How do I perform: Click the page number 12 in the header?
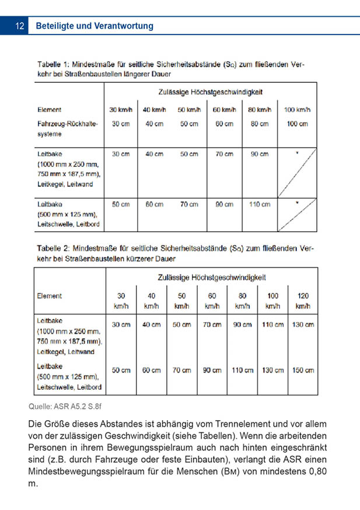pyautogui.click(x=19, y=26)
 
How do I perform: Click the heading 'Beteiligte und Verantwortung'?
pyautogui.click(x=95, y=26)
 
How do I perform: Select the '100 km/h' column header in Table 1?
pyautogui.click(x=297, y=110)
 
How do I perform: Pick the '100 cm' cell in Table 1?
pyautogui.click(x=297, y=124)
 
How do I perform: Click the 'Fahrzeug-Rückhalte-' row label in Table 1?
pyautogui.click(x=68, y=124)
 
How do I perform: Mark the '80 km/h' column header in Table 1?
pyautogui.click(x=260, y=110)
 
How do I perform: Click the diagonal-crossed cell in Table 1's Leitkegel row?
pyautogui.click(x=297, y=172)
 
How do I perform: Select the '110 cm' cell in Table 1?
pyautogui.click(x=260, y=204)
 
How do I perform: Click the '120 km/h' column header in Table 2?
pyautogui.click(x=302, y=301)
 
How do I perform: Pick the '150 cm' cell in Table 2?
pyautogui.click(x=302, y=370)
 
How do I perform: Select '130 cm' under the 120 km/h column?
pyautogui.click(x=302, y=324)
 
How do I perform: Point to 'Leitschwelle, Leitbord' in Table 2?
pyautogui.click(x=69, y=386)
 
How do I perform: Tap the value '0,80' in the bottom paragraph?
pyautogui.click(x=313, y=471)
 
